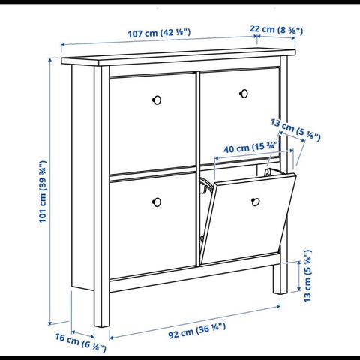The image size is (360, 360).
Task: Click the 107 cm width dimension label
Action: [159, 33]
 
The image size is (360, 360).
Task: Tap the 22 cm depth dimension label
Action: [276, 30]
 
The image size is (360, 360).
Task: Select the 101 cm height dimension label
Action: [43, 192]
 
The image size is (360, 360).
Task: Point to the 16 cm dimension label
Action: [80, 341]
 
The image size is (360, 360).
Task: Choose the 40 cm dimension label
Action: [250, 148]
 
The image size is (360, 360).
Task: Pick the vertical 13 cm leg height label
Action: [307, 276]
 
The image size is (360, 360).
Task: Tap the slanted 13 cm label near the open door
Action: [295, 130]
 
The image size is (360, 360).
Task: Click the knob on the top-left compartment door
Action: [157, 100]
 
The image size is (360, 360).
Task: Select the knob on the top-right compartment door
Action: [244, 94]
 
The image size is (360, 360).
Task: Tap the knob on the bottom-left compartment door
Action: [157, 202]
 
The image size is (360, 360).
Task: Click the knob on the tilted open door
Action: [255, 202]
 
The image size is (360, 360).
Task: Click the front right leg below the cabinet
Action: [280, 278]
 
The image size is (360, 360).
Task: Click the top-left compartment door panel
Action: [152, 122]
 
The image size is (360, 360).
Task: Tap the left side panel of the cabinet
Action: [82, 178]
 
